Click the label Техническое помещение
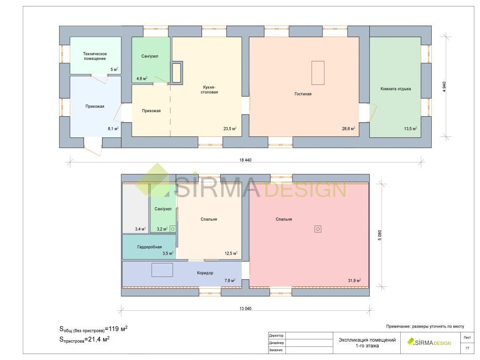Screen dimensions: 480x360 [x=95, y=56]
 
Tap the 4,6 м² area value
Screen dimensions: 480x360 [x=142, y=79]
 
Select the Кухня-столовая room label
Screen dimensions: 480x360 [x=210, y=90]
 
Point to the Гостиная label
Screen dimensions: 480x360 [x=303, y=94]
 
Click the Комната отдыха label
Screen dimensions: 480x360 [x=396, y=89]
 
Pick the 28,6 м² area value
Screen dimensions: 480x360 [x=348, y=128]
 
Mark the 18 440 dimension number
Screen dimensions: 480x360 [x=245, y=160]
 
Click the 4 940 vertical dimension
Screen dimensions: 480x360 [x=444, y=87]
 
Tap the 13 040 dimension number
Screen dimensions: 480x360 [x=245, y=308]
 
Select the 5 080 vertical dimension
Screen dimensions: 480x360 [x=380, y=235]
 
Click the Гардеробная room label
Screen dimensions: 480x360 [x=150, y=247]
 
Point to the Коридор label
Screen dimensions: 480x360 [x=205, y=273]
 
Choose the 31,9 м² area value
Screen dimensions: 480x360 [x=354, y=280]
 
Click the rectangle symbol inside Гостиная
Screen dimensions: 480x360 [x=318, y=73]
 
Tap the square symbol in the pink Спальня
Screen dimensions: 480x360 [x=318, y=229]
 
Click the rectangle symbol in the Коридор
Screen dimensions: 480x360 [x=162, y=270]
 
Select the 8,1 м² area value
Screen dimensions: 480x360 [x=113, y=128]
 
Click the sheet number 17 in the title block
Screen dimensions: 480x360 [x=467, y=348]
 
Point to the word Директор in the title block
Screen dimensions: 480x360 [x=276, y=336]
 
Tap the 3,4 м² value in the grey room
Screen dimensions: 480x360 [x=140, y=229]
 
